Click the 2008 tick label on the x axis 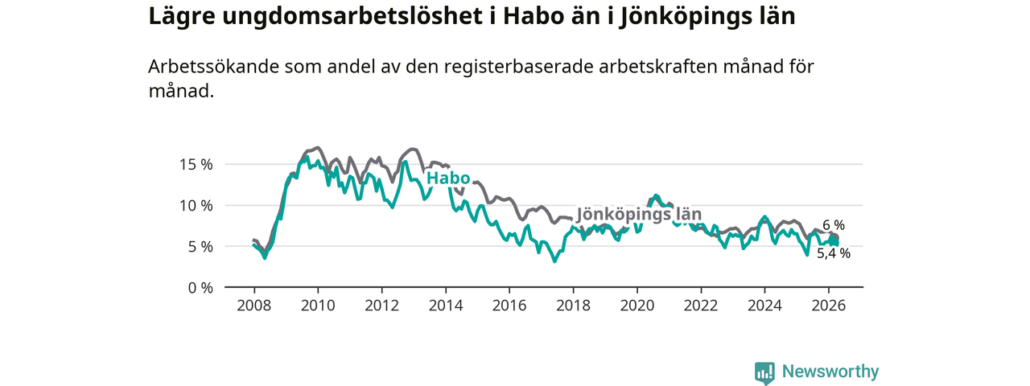253,306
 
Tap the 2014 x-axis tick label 446,306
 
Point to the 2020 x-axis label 637,306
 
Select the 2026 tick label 829,306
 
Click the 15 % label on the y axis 196,164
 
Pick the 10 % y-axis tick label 196,205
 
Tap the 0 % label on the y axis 200,287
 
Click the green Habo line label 447,179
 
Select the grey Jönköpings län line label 640,215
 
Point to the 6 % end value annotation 834,225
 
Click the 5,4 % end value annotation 834,253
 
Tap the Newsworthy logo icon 764,372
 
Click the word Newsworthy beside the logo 830,372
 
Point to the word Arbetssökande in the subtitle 209,68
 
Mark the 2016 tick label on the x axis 509,306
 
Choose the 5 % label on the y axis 200,246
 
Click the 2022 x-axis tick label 701,306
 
